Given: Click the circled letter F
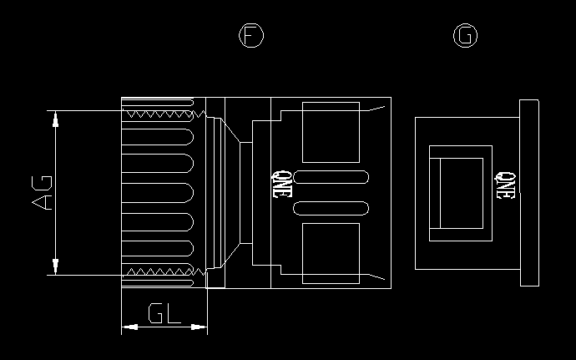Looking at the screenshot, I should (251, 35).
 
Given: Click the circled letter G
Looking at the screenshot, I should (466, 35).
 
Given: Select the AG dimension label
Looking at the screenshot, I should (42, 192).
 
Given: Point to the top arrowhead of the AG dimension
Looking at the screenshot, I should (55, 119).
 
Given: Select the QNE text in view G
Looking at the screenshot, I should (504, 185).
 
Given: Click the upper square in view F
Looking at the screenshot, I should (330, 132).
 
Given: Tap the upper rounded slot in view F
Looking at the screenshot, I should (332, 178).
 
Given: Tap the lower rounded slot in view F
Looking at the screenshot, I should (332, 208).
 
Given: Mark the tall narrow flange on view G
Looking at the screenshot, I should (528, 193).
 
